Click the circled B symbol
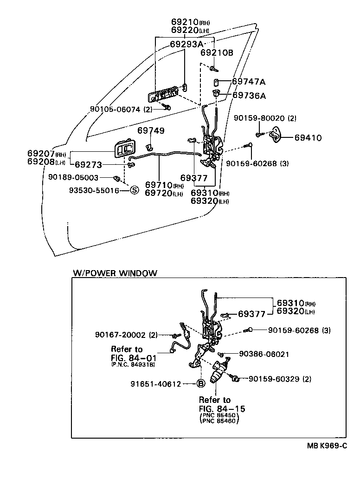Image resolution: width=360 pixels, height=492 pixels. click(201, 383)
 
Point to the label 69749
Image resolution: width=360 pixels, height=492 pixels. click(151, 131)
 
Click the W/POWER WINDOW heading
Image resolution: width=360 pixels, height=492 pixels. click(115, 273)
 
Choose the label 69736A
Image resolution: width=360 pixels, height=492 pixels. click(249, 96)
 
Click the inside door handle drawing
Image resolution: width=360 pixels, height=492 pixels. click(124, 150)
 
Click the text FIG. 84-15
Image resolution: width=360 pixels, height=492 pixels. click(222, 408)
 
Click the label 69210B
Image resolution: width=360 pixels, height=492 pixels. click(217, 53)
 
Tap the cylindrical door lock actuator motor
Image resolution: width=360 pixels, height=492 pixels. click(218, 374)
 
